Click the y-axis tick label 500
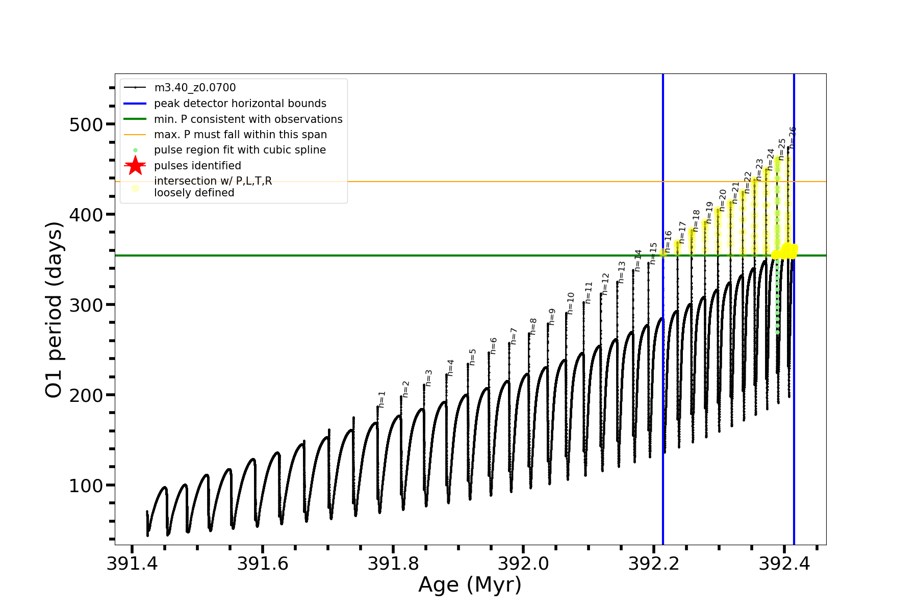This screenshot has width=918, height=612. [x=86, y=125]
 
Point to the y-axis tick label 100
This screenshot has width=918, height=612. [x=86, y=486]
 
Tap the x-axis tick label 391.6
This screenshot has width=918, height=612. [x=263, y=564]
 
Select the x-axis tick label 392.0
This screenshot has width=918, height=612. [x=524, y=564]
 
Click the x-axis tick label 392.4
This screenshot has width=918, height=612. [x=784, y=564]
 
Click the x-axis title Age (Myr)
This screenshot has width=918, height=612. [x=470, y=585]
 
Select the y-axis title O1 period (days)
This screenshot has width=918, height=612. [x=54, y=310]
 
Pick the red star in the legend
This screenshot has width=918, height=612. [x=135, y=166]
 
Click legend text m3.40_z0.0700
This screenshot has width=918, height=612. [x=195, y=88]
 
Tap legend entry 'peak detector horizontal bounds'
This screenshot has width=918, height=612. [x=240, y=104]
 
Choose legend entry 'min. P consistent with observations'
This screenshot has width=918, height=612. [x=248, y=119]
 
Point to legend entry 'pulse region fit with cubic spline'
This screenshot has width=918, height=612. [x=240, y=150]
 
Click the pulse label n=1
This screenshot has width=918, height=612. [x=382, y=399]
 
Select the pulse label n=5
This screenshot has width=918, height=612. [x=473, y=357]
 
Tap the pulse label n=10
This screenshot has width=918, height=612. [x=571, y=303]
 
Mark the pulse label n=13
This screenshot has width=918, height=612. [x=621, y=272]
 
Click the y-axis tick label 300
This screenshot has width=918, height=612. [x=86, y=305]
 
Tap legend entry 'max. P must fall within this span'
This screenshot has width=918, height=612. [x=240, y=135]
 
